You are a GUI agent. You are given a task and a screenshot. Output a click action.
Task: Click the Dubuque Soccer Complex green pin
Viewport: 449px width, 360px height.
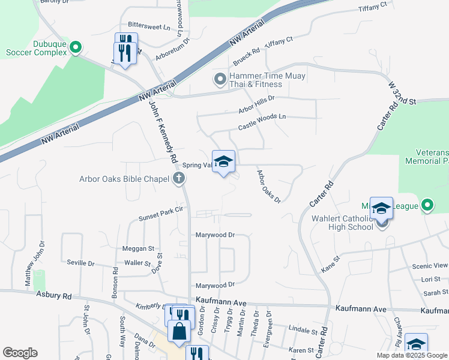[76, 47]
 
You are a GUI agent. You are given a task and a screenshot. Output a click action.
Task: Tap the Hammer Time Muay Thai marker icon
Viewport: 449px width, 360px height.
[220, 79]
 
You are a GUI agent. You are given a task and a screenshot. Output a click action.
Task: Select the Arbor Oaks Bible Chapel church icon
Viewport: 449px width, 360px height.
[178, 178]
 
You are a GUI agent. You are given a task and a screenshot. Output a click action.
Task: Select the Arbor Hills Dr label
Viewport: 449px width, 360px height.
[256, 104]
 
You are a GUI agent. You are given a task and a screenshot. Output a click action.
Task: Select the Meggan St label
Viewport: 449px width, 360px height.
[139, 248]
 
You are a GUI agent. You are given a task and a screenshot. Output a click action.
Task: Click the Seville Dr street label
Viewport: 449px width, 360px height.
[80, 263]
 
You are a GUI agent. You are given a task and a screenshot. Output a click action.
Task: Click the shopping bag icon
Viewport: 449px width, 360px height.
[179, 330]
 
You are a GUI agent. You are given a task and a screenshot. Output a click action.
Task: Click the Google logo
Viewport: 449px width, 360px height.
[20, 353]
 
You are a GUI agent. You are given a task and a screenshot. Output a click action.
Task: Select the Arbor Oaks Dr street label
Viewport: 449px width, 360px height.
[268, 187]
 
